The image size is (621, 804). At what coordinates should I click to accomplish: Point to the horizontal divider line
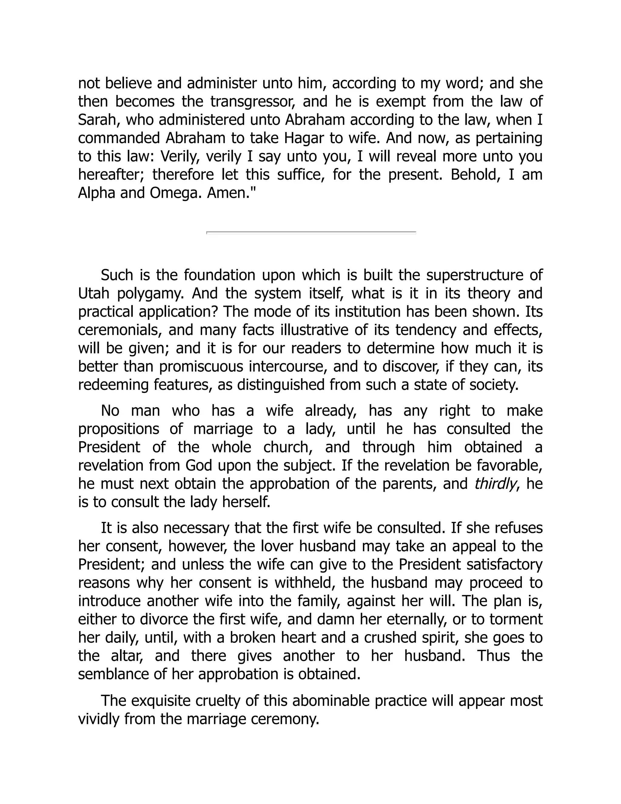[311, 232]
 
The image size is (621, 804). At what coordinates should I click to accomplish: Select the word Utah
[93, 293]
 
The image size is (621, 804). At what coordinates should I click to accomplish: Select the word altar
[126, 656]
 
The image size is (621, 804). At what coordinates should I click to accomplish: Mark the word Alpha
[96, 193]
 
